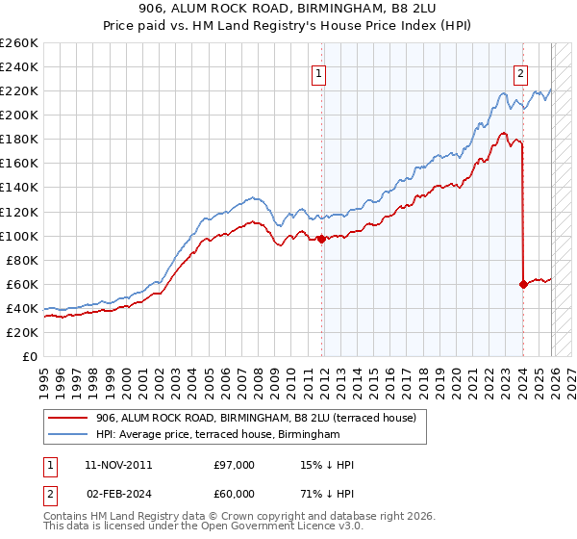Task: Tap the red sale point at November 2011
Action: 321,240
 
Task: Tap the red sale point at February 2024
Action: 523,284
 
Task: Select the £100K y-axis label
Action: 19,236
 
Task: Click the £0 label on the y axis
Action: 30,356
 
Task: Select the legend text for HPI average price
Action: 218,435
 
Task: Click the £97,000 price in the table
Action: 235,465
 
